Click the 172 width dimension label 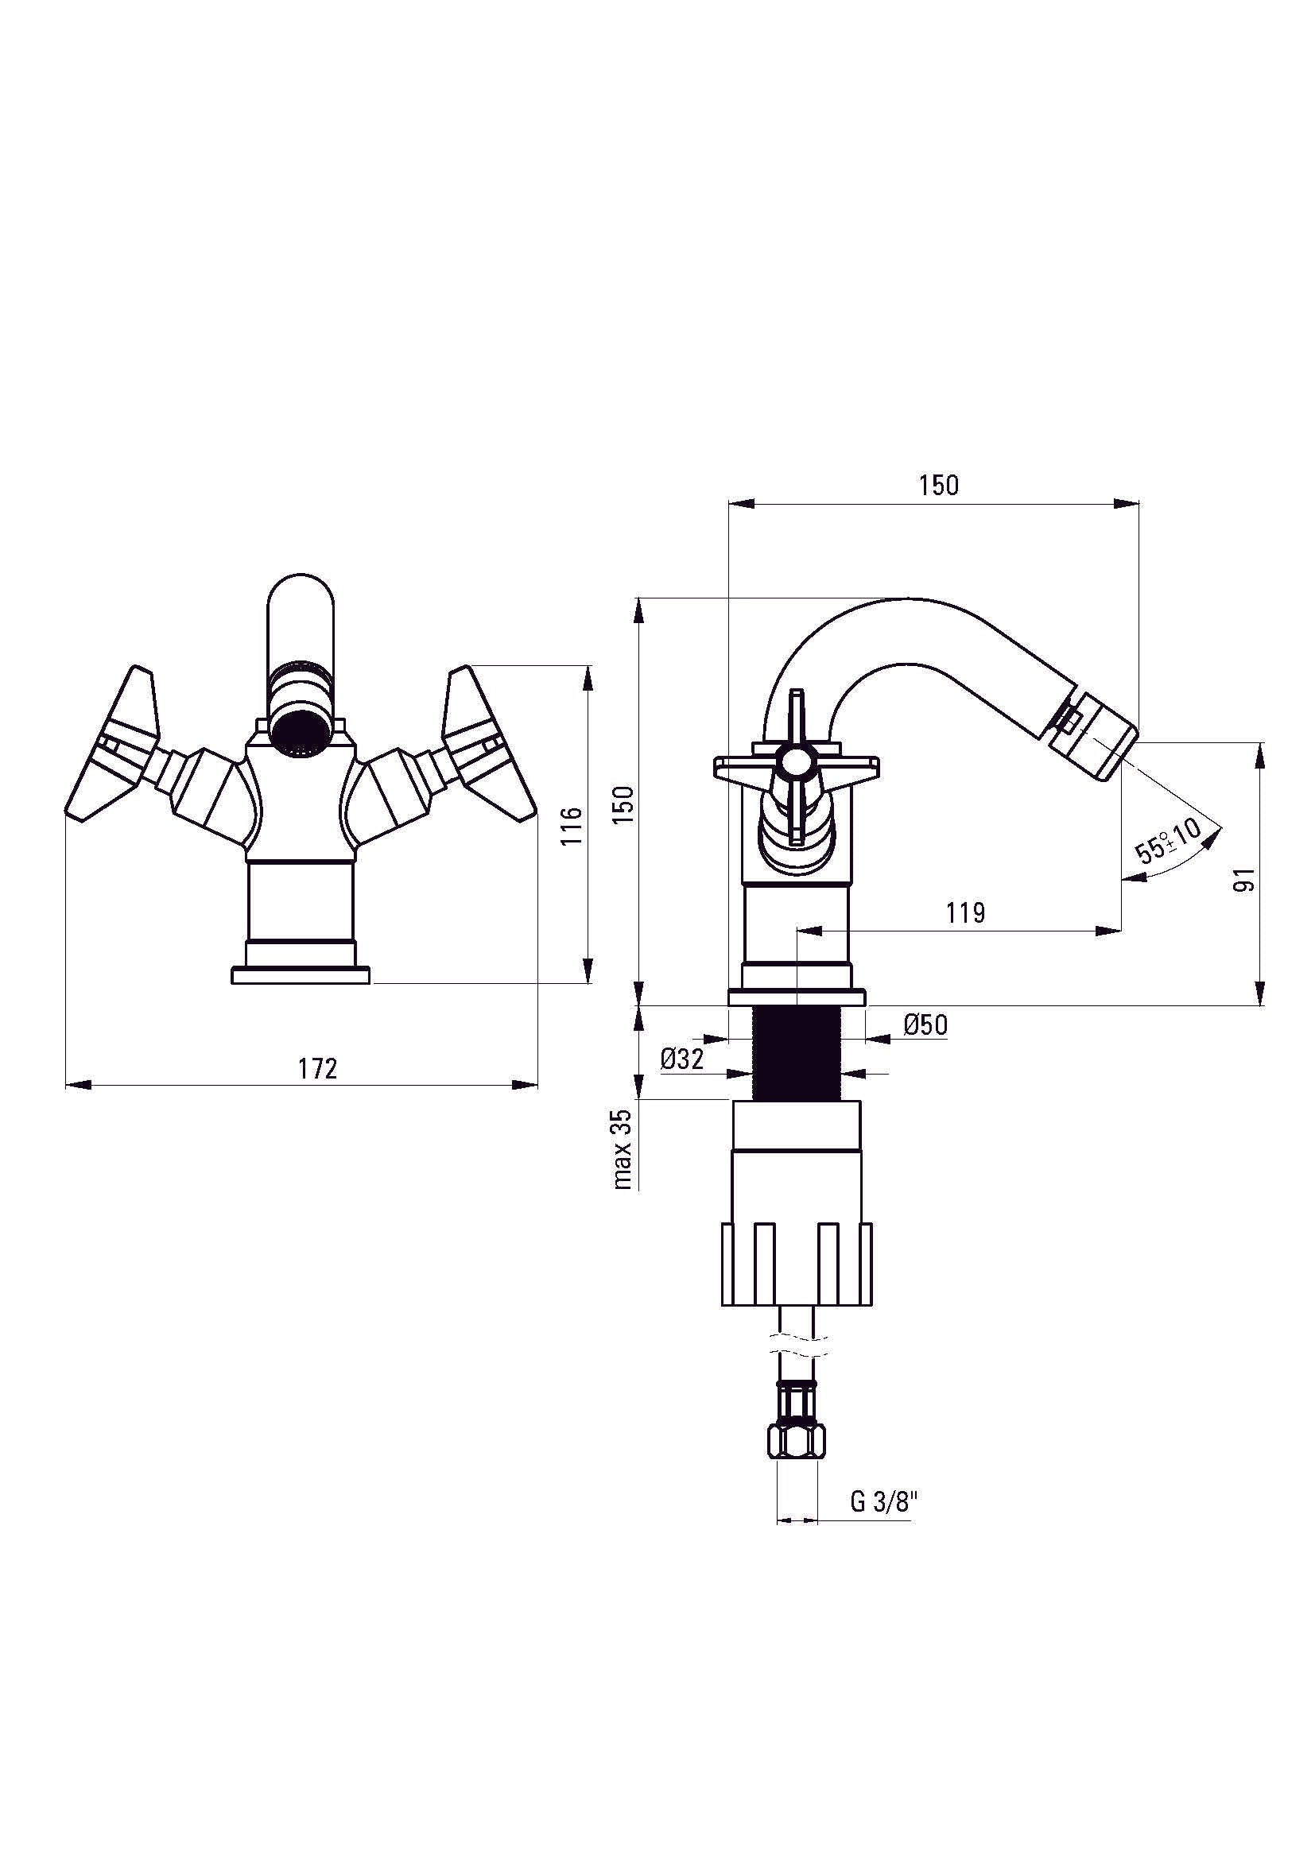316,1069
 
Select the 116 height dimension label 572,825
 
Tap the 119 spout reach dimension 965,913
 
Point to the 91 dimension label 1247,878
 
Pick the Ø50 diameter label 925,1025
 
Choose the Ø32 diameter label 682,1058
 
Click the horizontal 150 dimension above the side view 938,485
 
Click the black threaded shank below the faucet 797,1052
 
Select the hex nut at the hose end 797,1441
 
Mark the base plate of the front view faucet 301,975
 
